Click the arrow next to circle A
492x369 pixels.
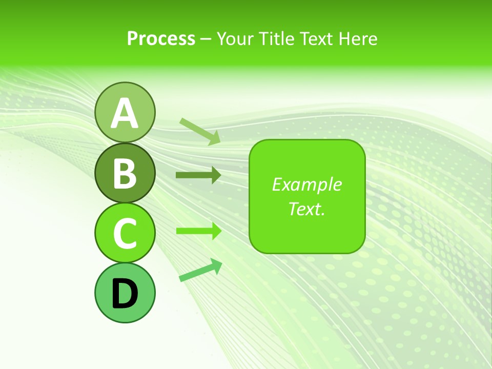[x=200, y=131]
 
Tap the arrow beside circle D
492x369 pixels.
[x=200, y=270]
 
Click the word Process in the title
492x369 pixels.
[x=161, y=39]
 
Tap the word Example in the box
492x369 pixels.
[x=306, y=184]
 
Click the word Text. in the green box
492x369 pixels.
[x=306, y=209]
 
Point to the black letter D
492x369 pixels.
[x=125, y=294]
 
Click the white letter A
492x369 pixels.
[x=125, y=113]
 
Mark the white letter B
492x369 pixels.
[x=125, y=173]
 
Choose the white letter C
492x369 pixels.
[x=125, y=233]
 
